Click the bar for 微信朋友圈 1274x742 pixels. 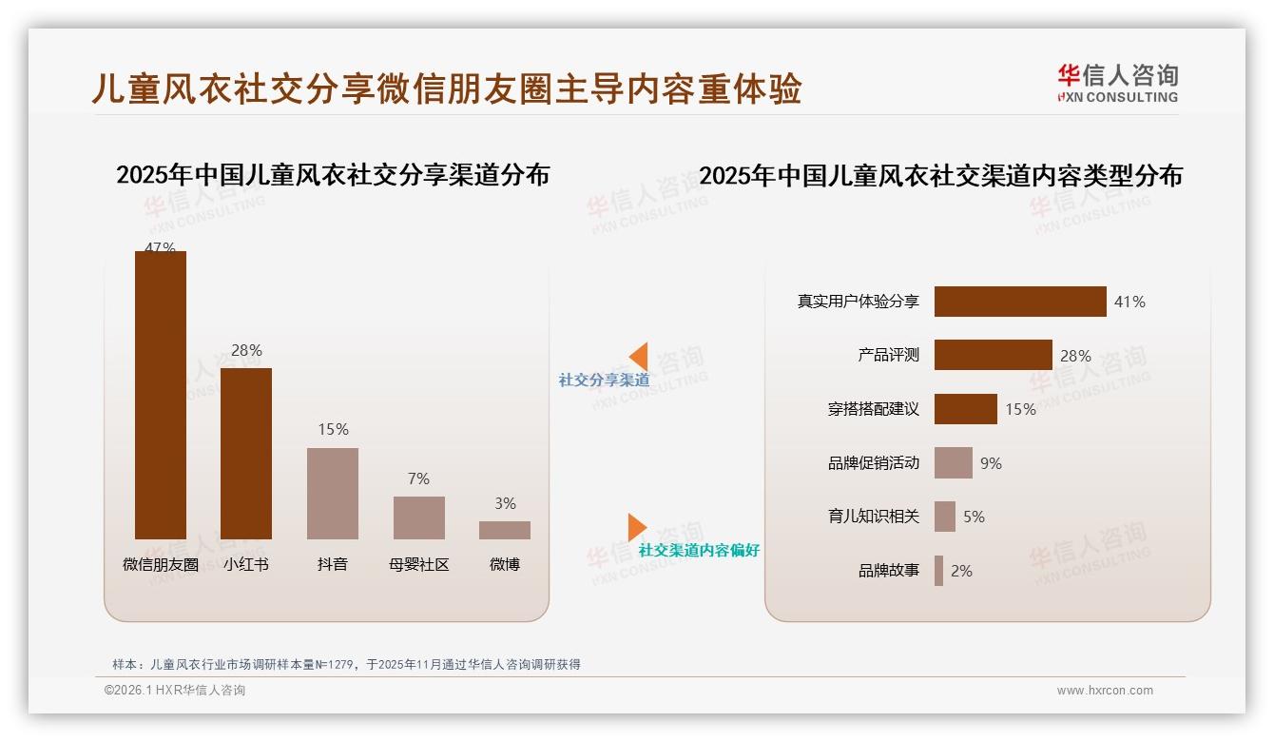pos(160,395)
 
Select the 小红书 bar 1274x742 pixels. pos(246,454)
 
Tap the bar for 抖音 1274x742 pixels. pos(333,494)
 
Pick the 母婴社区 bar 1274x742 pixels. pos(418,517)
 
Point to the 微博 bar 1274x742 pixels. pos(505,530)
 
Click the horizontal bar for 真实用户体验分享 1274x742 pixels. pos(1020,302)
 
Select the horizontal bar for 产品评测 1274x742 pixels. pos(993,355)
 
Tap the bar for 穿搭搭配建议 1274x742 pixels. pos(965,409)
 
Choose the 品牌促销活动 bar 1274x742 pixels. pos(953,463)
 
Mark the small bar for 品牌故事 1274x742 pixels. pos(938,571)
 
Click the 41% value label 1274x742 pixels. pos(1129,302)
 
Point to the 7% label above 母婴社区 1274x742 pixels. pos(418,478)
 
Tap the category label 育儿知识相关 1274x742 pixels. pos(873,517)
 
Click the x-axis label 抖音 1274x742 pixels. pos(333,564)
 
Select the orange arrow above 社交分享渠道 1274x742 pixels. pos(638,356)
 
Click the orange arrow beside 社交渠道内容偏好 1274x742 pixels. pos(637,527)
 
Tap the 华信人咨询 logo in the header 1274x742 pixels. pos(1117,83)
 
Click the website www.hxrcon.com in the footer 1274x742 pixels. pos(1105,691)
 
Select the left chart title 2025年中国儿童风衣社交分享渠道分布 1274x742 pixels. pos(333,175)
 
